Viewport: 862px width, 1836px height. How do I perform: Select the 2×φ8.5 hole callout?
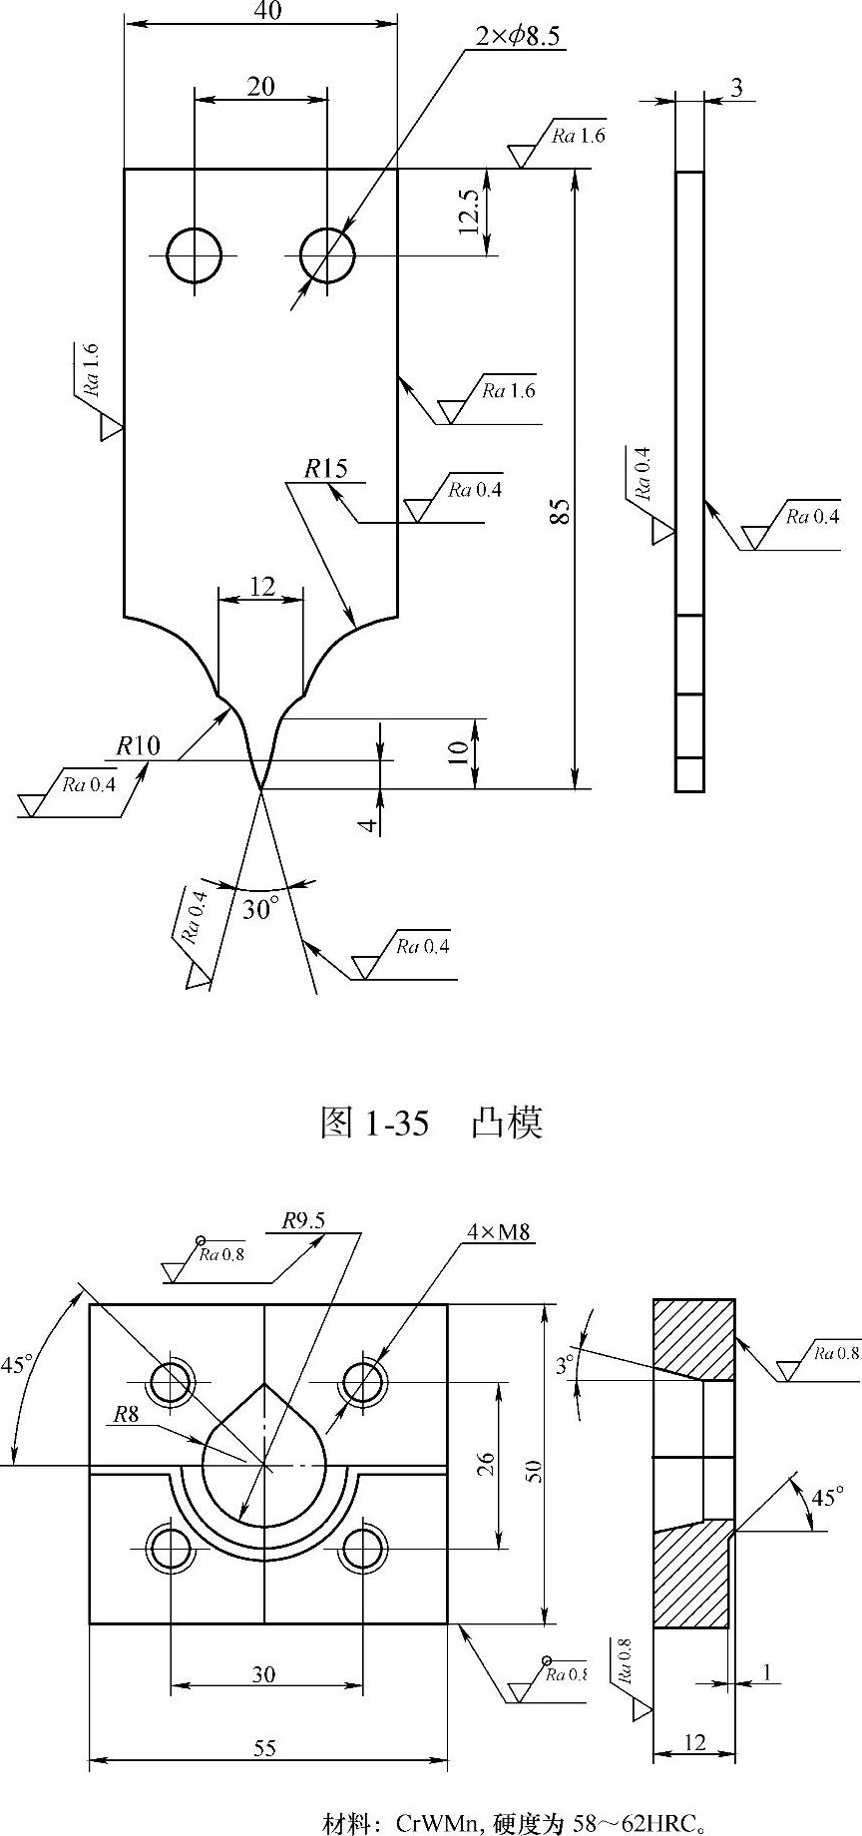519,37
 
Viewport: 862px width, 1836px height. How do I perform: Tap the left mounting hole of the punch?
195,255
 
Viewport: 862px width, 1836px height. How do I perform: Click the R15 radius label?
326,468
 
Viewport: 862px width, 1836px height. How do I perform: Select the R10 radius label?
138,745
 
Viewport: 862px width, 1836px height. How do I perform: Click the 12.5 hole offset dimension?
470,213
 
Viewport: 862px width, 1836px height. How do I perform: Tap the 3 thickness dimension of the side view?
736,88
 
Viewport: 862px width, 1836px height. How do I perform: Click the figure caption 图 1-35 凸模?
431,1123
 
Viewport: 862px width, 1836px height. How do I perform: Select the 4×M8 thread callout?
499,1232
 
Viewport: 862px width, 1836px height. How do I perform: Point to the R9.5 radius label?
303,1220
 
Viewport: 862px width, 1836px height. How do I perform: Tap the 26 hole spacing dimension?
485,1464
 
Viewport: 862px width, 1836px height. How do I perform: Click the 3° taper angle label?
566,1362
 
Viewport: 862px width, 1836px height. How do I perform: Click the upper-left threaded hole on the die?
171,1382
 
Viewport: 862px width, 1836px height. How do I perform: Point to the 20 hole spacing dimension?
261,87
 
